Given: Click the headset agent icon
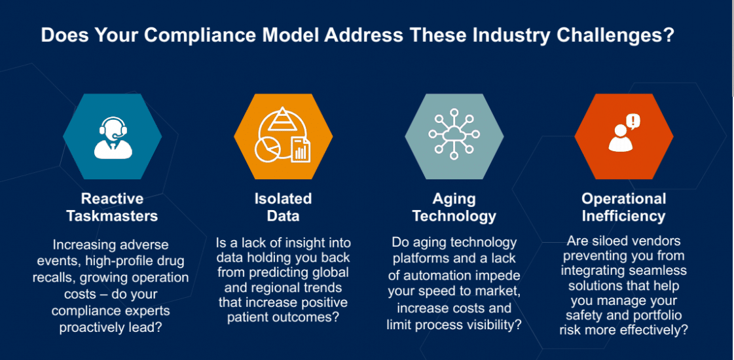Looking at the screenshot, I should pyautogui.click(x=112, y=136).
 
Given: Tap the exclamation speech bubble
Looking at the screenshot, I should pyautogui.click(x=633, y=121).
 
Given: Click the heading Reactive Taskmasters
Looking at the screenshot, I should pyautogui.click(x=112, y=207).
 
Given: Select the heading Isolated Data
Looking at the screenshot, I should pyautogui.click(x=283, y=207).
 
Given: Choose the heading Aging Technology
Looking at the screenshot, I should pyautogui.click(x=454, y=207).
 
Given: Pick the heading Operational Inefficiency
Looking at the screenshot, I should pyautogui.click(x=623, y=207).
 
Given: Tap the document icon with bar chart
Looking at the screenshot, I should pyautogui.click(x=301, y=150).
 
